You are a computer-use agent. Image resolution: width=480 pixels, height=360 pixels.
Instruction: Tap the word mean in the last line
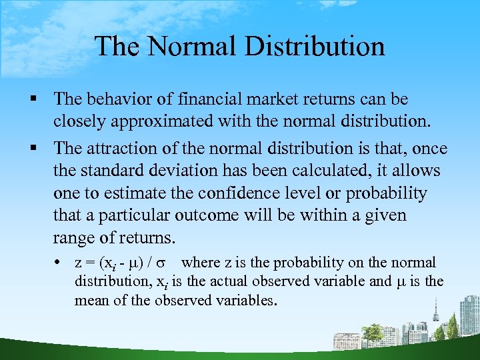[91, 300]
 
